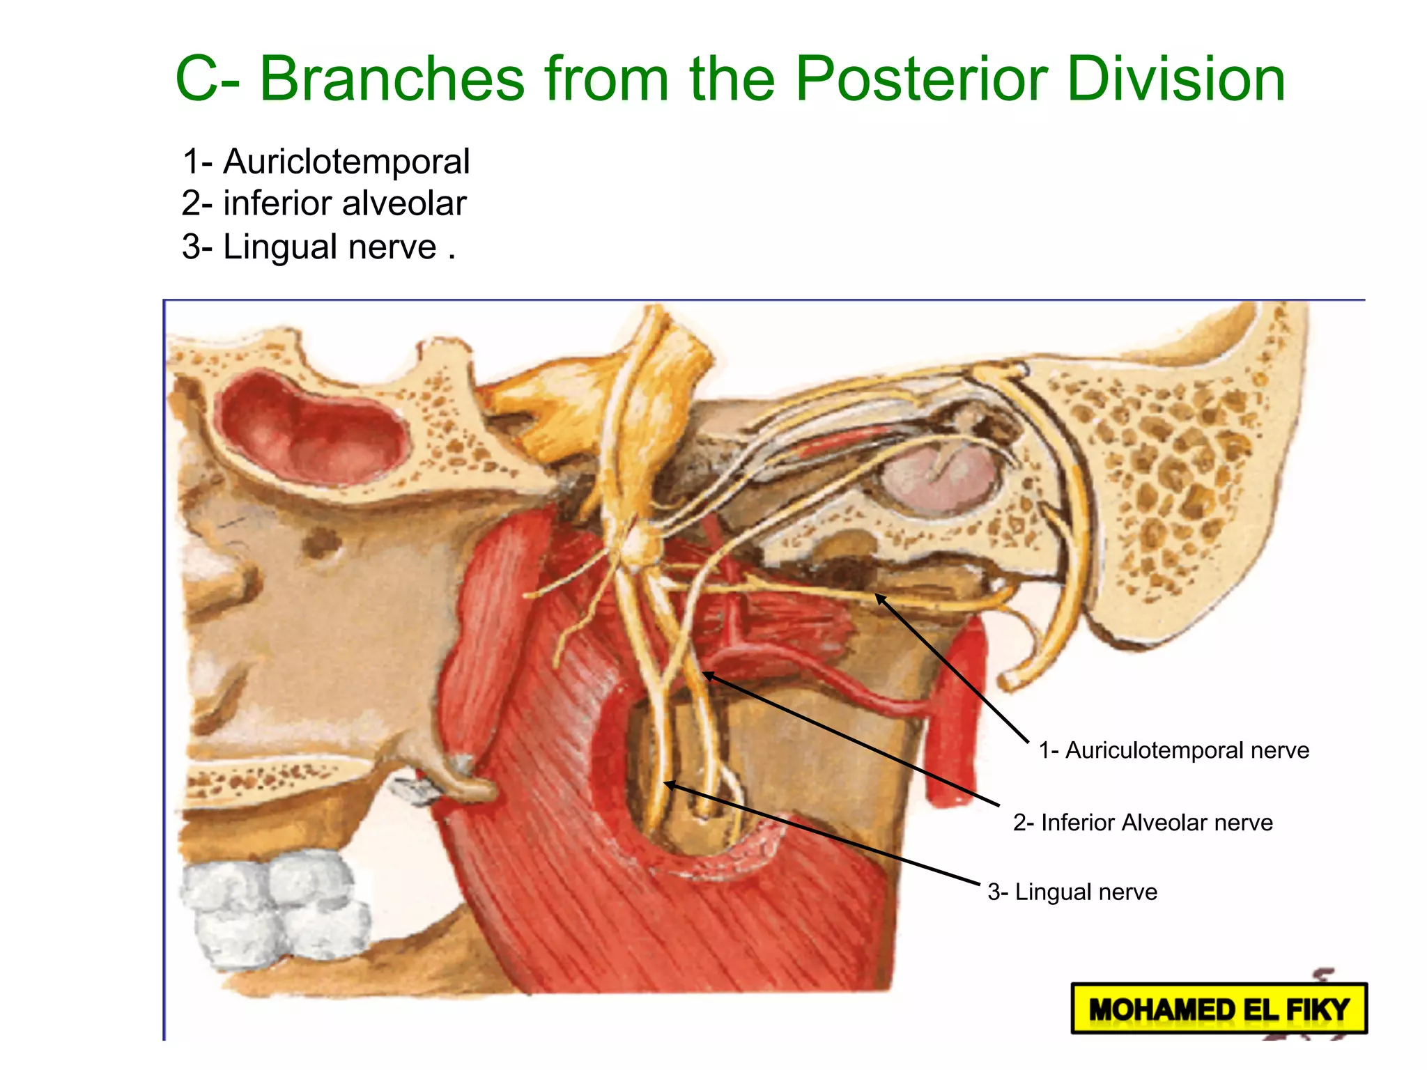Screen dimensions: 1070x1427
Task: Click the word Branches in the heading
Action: (x=392, y=80)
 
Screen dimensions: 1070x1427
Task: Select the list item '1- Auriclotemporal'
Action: (x=325, y=162)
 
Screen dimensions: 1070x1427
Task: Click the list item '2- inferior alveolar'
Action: (x=324, y=204)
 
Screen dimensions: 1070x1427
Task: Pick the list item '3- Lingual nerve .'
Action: (x=318, y=247)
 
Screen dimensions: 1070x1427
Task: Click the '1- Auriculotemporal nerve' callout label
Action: (x=1173, y=750)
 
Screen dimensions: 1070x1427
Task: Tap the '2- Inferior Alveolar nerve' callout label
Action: (x=1143, y=823)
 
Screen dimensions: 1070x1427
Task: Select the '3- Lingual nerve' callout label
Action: (x=1072, y=892)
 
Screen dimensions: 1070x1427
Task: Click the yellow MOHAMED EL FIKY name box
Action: (x=1219, y=1009)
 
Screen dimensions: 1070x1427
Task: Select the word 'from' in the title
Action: (x=606, y=80)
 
